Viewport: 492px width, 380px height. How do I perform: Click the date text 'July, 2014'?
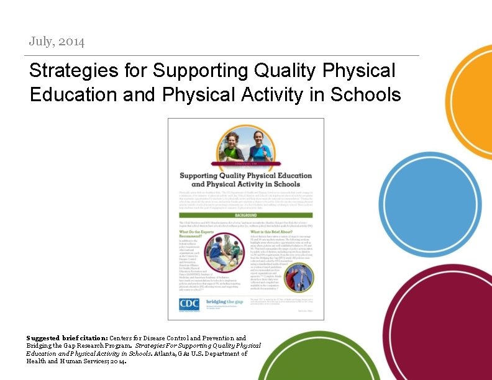click(x=57, y=42)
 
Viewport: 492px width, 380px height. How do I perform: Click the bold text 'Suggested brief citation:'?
click(x=67, y=338)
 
